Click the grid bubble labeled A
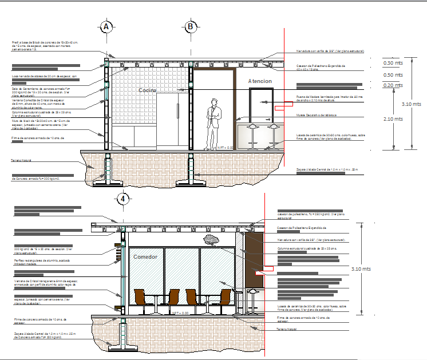tap(106, 26)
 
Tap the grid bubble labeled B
tap(191, 26)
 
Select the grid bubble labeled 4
tap(122, 199)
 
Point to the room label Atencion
tap(260, 81)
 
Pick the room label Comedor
tap(145, 257)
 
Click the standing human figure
tap(214, 122)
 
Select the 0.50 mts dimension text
tap(392, 74)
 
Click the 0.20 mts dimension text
tap(392, 85)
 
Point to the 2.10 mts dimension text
tap(392, 119)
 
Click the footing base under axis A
tap(107, 181)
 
